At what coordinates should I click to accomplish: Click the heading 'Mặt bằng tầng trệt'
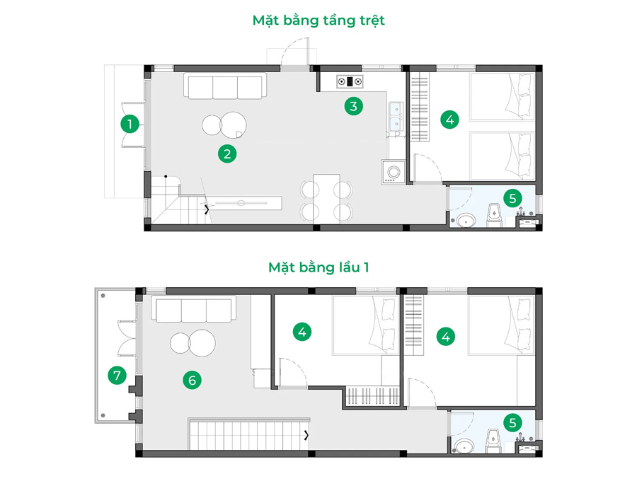[318, 21]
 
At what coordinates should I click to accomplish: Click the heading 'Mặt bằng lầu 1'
[318, 267]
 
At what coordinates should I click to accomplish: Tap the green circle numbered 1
[130, 124]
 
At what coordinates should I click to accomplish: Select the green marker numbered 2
[227, 153]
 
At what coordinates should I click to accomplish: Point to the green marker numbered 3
[353, 106]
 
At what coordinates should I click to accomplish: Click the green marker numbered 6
[192, 380]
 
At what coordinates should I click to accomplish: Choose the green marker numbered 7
[117, 375]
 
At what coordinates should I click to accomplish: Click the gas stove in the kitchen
[350, 81]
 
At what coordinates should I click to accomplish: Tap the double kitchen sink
[396, 116]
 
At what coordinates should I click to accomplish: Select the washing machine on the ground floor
[393, 172]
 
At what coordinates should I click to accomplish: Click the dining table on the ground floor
[326, 199]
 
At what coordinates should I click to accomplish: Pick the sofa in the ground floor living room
[225, 86]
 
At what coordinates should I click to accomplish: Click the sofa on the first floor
[194, 309]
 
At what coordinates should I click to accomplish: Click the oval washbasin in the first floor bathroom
[464, 446]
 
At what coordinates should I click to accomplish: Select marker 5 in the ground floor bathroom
[512, 199]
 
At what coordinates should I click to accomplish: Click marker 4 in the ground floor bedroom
[449, 120]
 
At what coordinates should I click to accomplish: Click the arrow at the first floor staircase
[306, 435]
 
